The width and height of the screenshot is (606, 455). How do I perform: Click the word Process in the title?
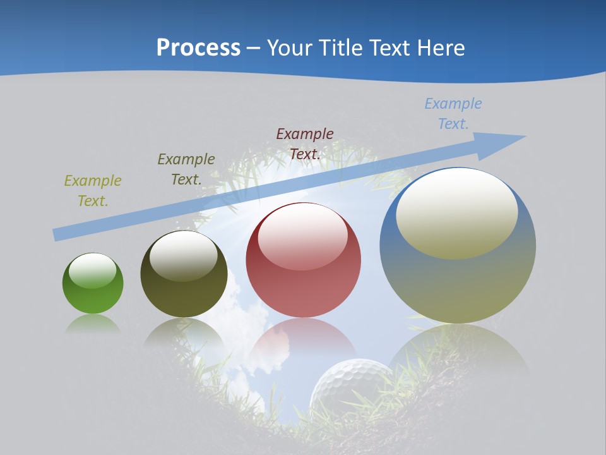198,48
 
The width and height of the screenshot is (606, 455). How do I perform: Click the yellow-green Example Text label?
93,190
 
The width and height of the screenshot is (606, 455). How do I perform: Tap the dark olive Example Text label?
186,169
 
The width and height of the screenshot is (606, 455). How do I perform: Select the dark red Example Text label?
305,143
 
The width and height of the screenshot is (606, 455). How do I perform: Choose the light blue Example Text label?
453,113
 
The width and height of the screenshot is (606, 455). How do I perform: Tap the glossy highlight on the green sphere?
93,270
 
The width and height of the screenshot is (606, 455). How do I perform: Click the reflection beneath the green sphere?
93,324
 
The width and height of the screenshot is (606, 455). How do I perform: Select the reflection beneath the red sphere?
303,341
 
